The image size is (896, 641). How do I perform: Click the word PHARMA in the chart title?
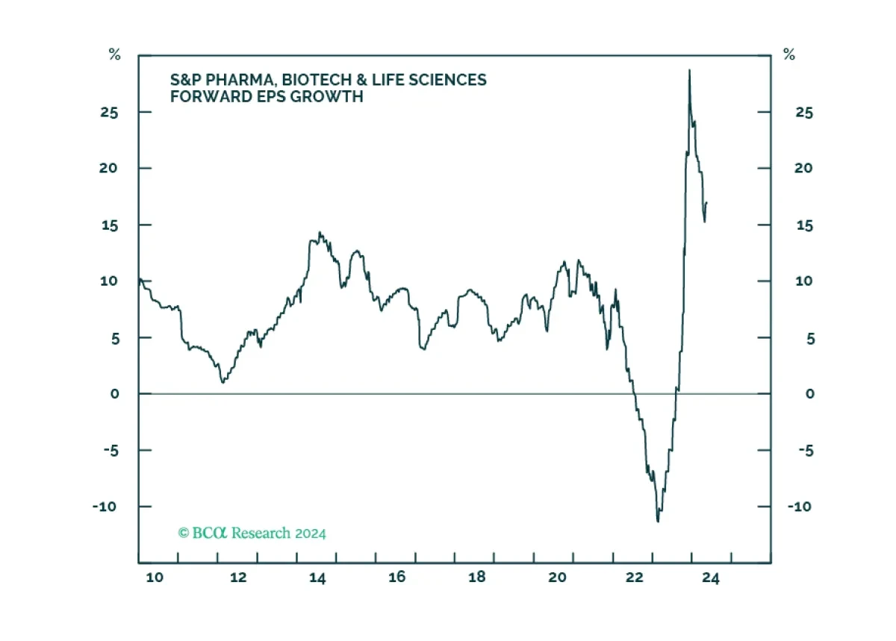pyautogui.click(x=233, y=79)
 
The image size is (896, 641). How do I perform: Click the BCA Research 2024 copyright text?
pyautogui.click(x=252, y=534)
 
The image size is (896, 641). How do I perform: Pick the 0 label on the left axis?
pyautogui.click(x=115, y=393)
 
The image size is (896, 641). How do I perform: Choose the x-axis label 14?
pyautogui.click(x=317, y=577)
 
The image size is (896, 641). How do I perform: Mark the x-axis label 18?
pyautogui.click(x=477, y=577)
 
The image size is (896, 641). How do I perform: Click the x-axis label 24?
pyautogui.click(x=711, y=577)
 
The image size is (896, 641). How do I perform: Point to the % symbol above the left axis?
pyautogui.click(x=114, y=54)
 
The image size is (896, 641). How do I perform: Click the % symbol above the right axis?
pyautogui.click(x=788, y=54)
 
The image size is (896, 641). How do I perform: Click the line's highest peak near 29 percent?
pyautogui.click(x=689, y=70)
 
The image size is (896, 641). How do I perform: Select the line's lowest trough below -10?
pyautogui.click(x=658, y=521)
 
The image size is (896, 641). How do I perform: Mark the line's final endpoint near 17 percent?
pyautogui.click(x=707, y=203)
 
